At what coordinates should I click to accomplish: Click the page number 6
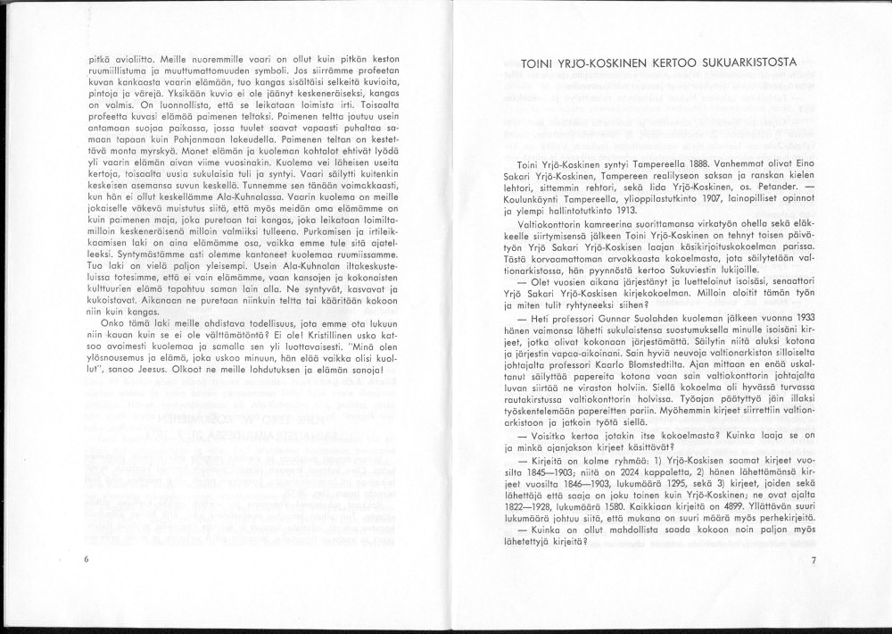click(85, 558)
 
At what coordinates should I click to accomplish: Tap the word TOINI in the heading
click(536, 64)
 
